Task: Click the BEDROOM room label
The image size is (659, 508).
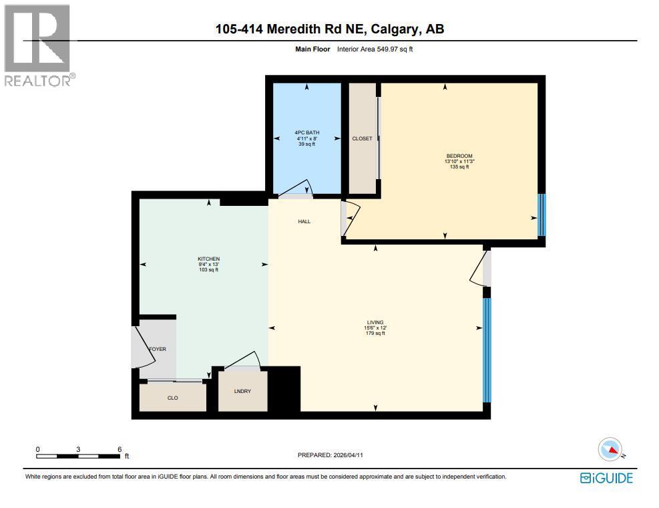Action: [459, 156]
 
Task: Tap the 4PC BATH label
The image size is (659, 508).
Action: [307, 133]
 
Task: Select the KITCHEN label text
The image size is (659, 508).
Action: [208, 259]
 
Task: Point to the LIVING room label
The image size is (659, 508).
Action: [375, 322]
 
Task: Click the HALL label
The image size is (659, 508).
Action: [304, 222]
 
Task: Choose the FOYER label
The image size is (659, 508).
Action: [158, 349]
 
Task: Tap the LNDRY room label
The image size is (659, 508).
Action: [242, 391]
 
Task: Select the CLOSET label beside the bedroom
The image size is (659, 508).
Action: [362, 138]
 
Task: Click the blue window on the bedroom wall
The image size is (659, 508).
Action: [541, 215]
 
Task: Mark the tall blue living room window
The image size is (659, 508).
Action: [487, 350]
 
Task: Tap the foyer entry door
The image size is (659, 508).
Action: [146, 345]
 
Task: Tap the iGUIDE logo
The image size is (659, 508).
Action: [606, 477]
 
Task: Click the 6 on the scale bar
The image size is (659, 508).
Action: [120, 449]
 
